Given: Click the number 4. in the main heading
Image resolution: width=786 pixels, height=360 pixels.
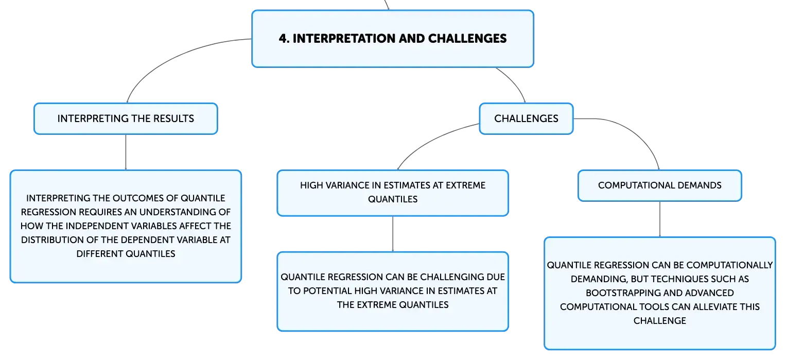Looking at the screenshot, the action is pos(284,39).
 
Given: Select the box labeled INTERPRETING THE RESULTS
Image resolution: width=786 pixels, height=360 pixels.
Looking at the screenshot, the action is pos(126,118).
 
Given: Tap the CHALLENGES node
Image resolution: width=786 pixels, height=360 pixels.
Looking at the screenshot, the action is pos(526,118).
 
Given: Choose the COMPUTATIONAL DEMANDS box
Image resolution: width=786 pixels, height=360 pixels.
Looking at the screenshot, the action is pos(660,186).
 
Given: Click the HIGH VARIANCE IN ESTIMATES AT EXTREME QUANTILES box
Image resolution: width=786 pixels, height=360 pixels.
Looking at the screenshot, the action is pos(393,193).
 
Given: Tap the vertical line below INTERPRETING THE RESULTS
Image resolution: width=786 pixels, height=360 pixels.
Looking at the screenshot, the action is pos(126,152).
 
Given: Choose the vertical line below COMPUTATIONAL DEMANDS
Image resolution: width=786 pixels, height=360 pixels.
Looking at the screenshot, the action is pos(660,219).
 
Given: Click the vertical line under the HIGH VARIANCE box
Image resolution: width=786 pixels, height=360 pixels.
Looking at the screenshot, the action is pos(393,234).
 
